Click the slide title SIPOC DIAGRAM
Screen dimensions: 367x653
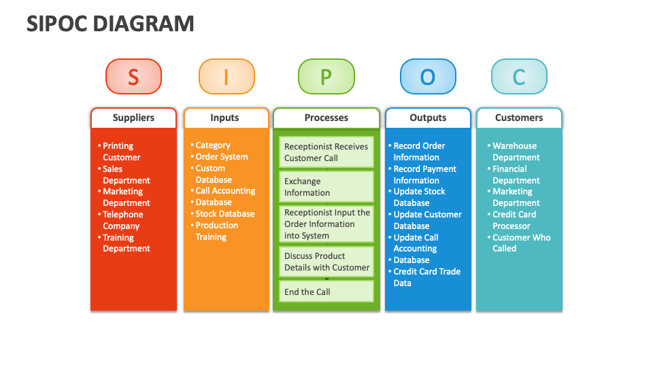(x=110, y=24)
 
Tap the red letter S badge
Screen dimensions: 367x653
(x=133, y=77)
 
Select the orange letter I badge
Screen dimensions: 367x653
(x=226, y=77)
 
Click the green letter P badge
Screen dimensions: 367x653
(x=326, y=77)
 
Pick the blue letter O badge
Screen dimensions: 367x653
(x=427, y=77)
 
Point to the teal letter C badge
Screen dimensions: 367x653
(x=519, y=77)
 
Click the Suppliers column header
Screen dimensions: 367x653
(x=133, y=118)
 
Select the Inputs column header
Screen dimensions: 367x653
(x=224, y=118)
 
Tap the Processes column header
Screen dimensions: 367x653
(x=326, y=118)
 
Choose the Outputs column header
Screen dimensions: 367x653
(x=427, y=118)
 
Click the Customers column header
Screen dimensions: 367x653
(x=519, y=118)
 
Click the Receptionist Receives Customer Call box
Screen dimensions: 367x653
(x=326, y=152)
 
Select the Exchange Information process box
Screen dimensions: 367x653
(x=326, y=187)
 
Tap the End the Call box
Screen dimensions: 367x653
(x=326, y=292)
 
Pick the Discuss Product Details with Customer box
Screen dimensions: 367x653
(x=326, y=262)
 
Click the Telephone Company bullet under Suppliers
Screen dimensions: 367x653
(x=122, y=220)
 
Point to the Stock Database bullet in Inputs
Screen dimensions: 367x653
(x=224, y=214)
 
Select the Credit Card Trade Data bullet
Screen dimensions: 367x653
(x=426, y=277)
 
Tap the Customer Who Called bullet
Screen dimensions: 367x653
(x=521, y=243)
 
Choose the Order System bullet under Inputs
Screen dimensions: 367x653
(x=221, y=157)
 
